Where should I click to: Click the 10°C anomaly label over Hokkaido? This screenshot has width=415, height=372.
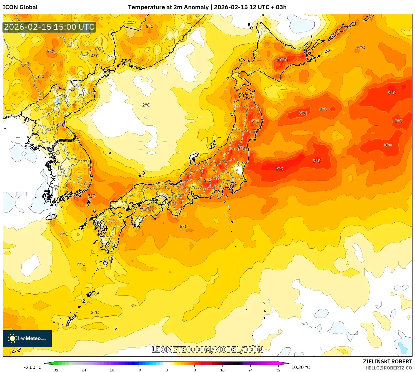tap(282, 60)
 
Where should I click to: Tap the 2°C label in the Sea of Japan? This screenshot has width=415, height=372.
tap(146, 105)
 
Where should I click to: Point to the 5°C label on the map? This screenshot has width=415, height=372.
tap(40, 76)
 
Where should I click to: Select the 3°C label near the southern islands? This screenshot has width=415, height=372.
tap(95, 312)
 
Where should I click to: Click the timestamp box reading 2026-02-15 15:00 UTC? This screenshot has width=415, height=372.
tap(49, 27)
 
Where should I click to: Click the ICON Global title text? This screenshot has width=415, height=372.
tap(20, 7)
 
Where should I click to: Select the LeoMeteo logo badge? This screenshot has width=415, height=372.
tap(27, 338)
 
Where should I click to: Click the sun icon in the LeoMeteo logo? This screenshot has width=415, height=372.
tap(12, 338)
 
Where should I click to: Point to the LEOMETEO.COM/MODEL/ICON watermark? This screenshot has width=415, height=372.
tap(207, 349)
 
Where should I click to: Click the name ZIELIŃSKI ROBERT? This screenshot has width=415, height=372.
tap(387, 361)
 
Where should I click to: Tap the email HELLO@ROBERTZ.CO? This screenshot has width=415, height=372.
tap(388, 368)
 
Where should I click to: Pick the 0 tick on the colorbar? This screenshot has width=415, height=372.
tap(167, 370)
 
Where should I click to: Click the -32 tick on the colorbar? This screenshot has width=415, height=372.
tap(55, 370)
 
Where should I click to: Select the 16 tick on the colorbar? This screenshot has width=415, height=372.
tap(222, 370)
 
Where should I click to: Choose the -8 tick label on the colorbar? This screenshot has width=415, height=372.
tap(139, 370)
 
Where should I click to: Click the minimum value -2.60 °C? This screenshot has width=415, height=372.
tap(32, 367)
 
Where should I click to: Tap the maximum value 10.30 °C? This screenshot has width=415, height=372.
tap(301, 367)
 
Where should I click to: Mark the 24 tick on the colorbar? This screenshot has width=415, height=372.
tap(250, 370)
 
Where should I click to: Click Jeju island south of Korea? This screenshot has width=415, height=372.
tap(51, 217)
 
